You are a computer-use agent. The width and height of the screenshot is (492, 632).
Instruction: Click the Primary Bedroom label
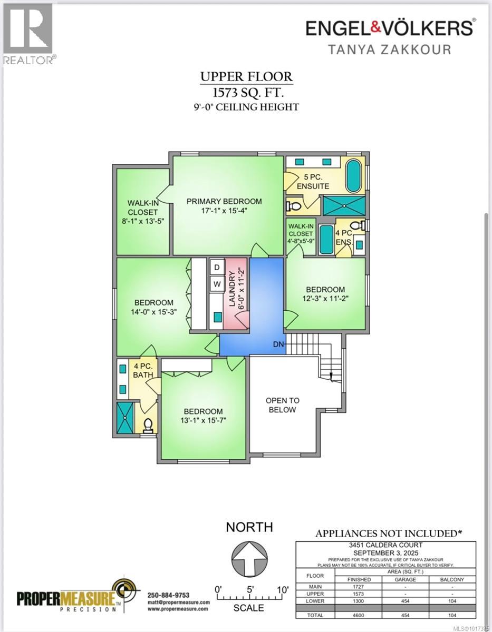(224, 201)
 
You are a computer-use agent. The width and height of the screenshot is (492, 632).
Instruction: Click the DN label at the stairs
(279, 345)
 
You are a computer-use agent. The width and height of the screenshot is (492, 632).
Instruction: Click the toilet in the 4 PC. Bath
(148, 424)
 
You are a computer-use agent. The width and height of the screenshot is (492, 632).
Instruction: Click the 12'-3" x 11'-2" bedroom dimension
(325, 298)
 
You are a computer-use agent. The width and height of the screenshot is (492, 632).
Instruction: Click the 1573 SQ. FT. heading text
(246, 93)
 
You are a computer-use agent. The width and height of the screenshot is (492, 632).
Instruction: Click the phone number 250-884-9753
(168, 595)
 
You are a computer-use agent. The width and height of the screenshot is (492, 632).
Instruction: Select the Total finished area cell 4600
(359, 615)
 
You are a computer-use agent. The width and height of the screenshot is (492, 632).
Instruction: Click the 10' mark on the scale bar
(282, 589)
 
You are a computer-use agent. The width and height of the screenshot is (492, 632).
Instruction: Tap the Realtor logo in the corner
(28, 33)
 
